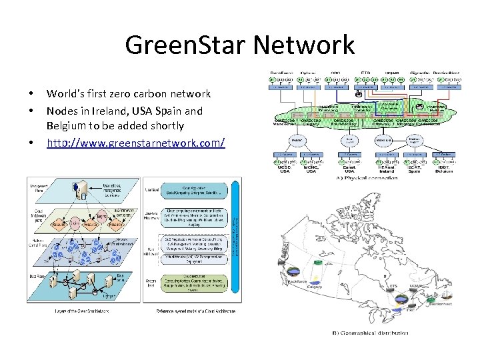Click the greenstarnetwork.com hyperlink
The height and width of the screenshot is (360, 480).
click(x=135, y=143)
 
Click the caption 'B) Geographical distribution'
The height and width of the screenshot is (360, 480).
click(x=370, y=332)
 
